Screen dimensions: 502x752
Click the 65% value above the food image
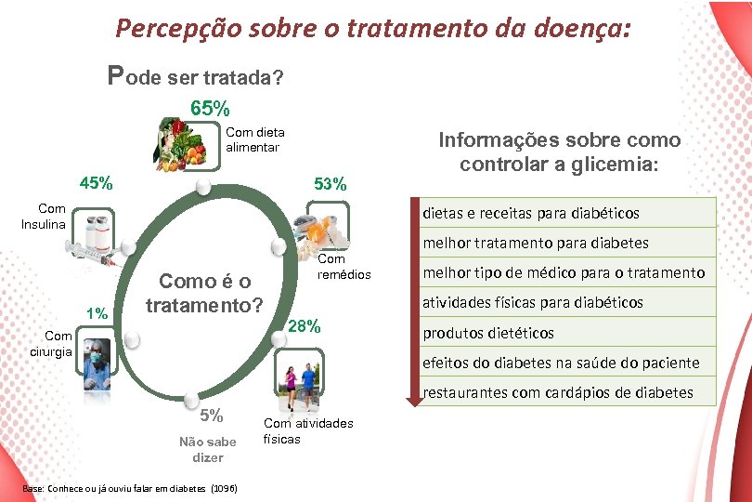click(210, 108)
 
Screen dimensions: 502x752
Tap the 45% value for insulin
click(97, 182)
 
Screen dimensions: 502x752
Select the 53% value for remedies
click(330, 184)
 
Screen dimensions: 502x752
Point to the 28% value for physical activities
click(305, 326)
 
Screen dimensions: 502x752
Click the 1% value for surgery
click(96, 312)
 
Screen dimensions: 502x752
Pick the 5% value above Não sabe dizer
click(210, 416)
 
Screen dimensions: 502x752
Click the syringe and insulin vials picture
click(93, 238)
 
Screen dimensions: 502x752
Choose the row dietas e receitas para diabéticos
click(531, 213)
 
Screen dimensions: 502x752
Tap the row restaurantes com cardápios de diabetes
click(558, 392)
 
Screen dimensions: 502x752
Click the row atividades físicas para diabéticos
click(533, 302)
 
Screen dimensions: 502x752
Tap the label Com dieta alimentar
click(255, 139)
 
